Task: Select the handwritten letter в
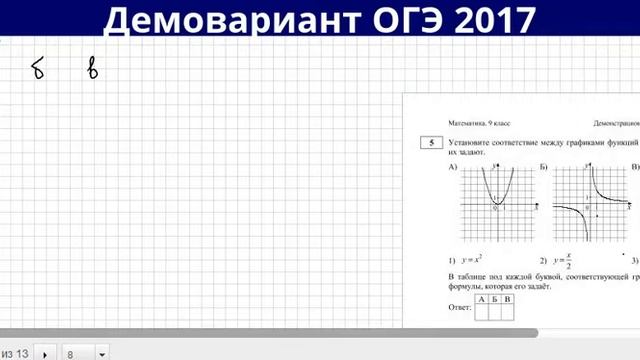(93, 69)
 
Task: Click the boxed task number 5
(432, 144)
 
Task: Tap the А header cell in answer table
(482, 299)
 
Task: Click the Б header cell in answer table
(495, 299)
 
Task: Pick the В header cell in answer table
(508, 299)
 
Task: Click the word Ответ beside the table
(459, 307)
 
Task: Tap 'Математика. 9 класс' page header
(473, 121)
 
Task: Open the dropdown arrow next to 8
(102, 354)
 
